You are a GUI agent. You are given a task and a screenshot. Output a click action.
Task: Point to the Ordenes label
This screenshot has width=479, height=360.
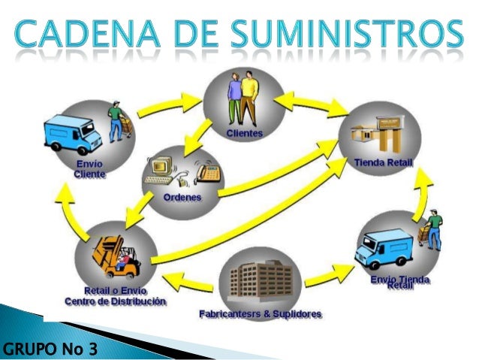pos(182,197)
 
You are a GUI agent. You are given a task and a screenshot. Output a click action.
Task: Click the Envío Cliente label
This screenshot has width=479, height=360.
pos(89,168)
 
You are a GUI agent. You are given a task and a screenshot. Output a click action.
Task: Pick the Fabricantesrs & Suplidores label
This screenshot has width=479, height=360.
pos(261,313)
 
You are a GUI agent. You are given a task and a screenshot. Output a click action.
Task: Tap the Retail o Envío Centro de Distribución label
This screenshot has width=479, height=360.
pos(116,295)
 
